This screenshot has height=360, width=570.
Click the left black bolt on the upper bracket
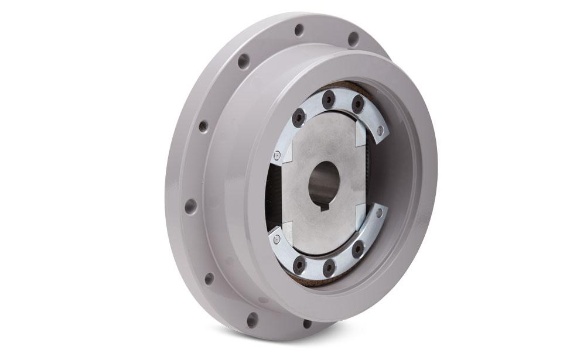tap(299, 118)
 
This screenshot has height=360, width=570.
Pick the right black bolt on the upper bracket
tap(357, 105)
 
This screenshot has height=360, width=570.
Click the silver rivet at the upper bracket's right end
tap(380, 132)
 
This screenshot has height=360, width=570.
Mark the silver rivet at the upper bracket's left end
tap(277, 155)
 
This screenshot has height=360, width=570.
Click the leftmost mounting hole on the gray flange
tap(190, 206)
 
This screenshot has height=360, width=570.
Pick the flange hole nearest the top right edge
tap(353, 39)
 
